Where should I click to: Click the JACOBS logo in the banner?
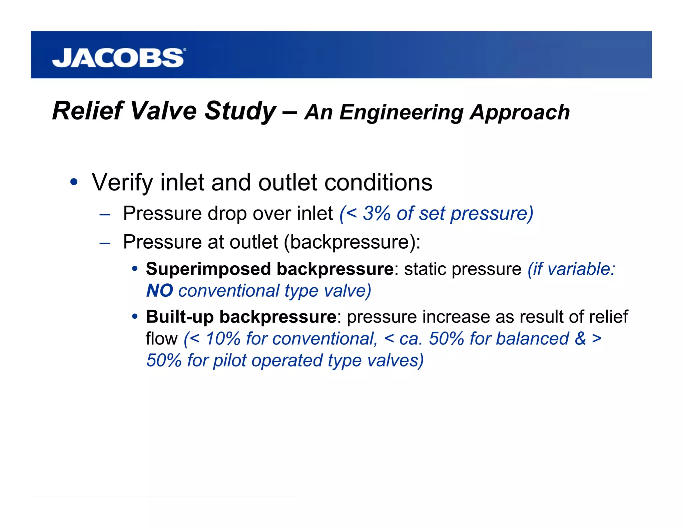click(118, 58)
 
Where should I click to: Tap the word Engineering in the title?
click(402, 112)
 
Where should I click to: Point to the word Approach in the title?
click(520, 112)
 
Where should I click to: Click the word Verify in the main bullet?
click(122, 183)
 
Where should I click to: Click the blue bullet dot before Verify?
click(74, 182)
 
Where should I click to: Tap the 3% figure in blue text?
click(377, 213)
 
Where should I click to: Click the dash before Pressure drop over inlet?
click(105, 214)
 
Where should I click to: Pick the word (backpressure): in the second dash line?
click(352, 242)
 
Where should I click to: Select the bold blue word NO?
click(159, 291)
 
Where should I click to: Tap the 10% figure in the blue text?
click(223, 339)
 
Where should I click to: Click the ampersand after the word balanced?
click(580, 339)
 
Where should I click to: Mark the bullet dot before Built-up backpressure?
click(135, 316)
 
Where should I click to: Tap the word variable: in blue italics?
click(581, 269)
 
